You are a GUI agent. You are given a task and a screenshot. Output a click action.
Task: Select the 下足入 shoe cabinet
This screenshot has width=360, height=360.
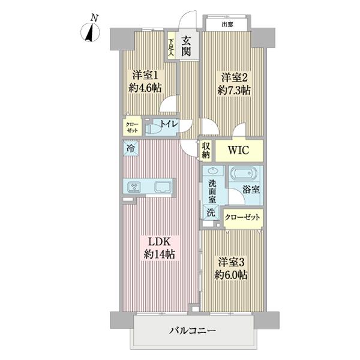pyautogui.click(x=171, y=47)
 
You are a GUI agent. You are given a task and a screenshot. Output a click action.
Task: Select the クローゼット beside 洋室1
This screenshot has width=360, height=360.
pyautogui.click(x=131, y=127)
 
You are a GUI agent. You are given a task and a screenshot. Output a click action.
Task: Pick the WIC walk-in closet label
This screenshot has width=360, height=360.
pyautogui.click(x=238, y=150)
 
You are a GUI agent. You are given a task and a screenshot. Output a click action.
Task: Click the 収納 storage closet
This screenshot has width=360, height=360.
pyautogui.click(x=206, y=150)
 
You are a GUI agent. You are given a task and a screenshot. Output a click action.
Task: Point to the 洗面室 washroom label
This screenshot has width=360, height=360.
pyautogui.click(x=212, y=191)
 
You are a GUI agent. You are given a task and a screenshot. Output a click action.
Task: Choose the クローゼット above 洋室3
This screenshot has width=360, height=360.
pyautogui.click(x=243, y=217)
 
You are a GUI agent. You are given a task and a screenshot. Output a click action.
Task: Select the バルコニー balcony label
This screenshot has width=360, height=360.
pyautogui.click(x=192, y=331)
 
